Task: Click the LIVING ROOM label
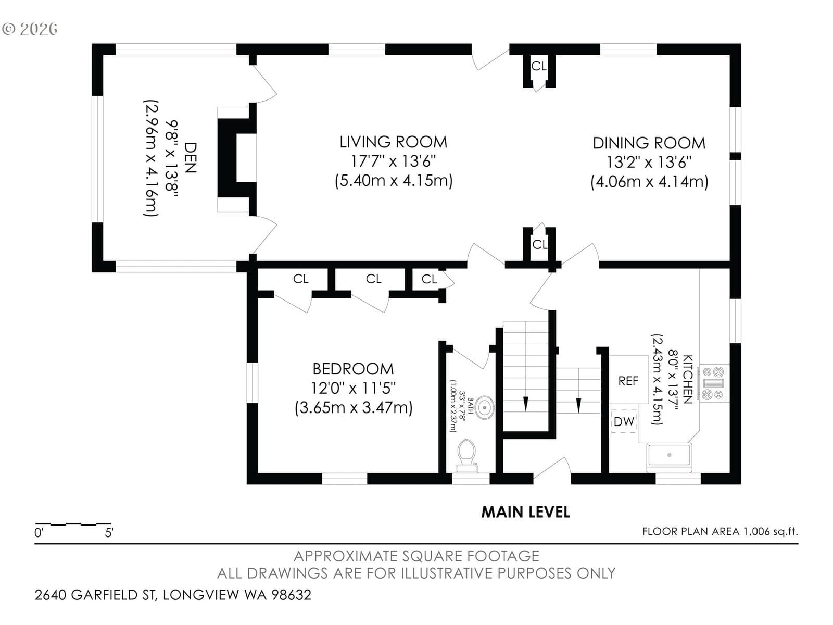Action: [x=393, y=142]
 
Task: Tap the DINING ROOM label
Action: [x=649, y=143]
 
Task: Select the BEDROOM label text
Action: [x=353, y=369]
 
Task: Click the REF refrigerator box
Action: [x=628, y=380]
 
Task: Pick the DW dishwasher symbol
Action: [x=624, y=421]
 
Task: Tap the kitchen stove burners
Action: [x=713, y=383]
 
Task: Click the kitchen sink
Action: [x=669, y=455]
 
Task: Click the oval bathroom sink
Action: [x=484, y=408]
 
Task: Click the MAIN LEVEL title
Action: [x=526, y=512]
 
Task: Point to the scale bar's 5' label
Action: [x=109, y=533]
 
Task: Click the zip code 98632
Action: [x=291, y=595]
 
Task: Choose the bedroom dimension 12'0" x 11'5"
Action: [x=354, y=388]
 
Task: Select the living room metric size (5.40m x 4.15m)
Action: [x=394, y=181]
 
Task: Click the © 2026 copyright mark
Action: [x=30, y=29]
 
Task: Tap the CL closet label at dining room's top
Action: [x=539, y=67]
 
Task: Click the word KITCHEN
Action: [x=688, y=380]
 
